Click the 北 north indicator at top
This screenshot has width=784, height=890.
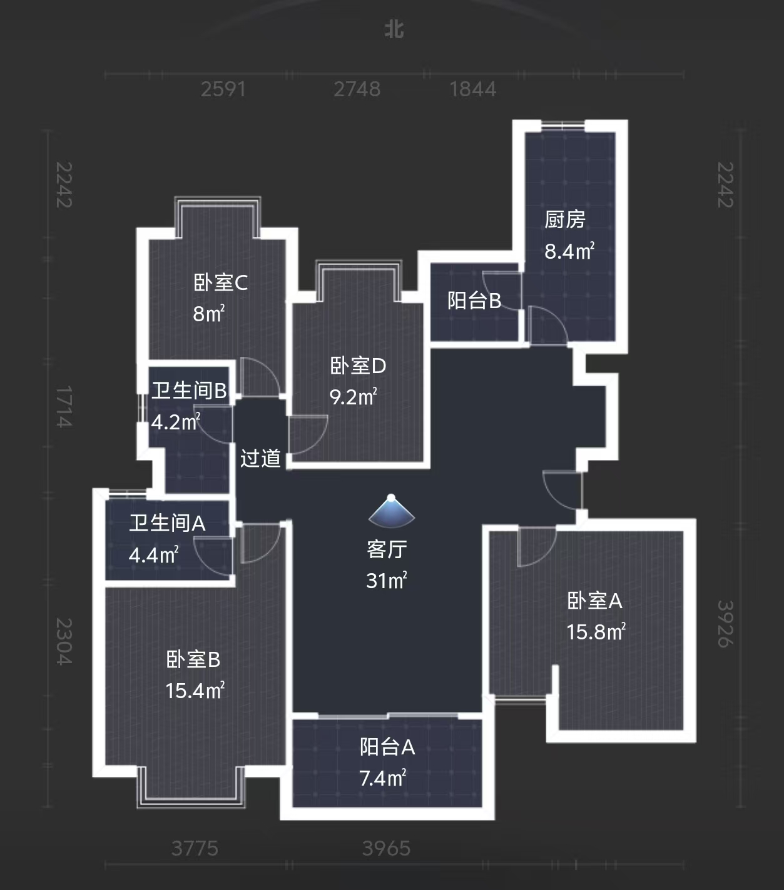[394, 29]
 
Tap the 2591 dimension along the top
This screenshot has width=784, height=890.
[223, 89]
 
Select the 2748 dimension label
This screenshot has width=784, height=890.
[357, 89]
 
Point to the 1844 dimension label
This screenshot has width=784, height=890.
[472, 89]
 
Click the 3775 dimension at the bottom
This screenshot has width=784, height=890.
[195, 848]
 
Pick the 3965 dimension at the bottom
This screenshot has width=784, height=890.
[386, 848]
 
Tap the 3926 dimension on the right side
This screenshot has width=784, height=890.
[725, 624]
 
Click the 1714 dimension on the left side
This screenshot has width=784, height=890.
[64, 407]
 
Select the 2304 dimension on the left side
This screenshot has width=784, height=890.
[64, 641]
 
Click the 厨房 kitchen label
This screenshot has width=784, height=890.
[564, 219]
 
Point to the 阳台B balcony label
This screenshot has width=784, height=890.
[474, 301]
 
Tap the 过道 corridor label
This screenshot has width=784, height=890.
[260, 458]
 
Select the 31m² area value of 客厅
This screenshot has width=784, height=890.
[387, 581]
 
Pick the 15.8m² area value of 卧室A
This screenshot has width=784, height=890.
[596, 632]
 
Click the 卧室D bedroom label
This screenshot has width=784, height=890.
[358, 366]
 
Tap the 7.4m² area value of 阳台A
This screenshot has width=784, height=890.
[383, 778]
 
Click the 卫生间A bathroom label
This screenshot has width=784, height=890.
[167, 523]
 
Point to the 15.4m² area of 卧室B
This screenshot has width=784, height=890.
[195, 691]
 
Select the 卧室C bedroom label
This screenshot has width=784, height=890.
[220, 282]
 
